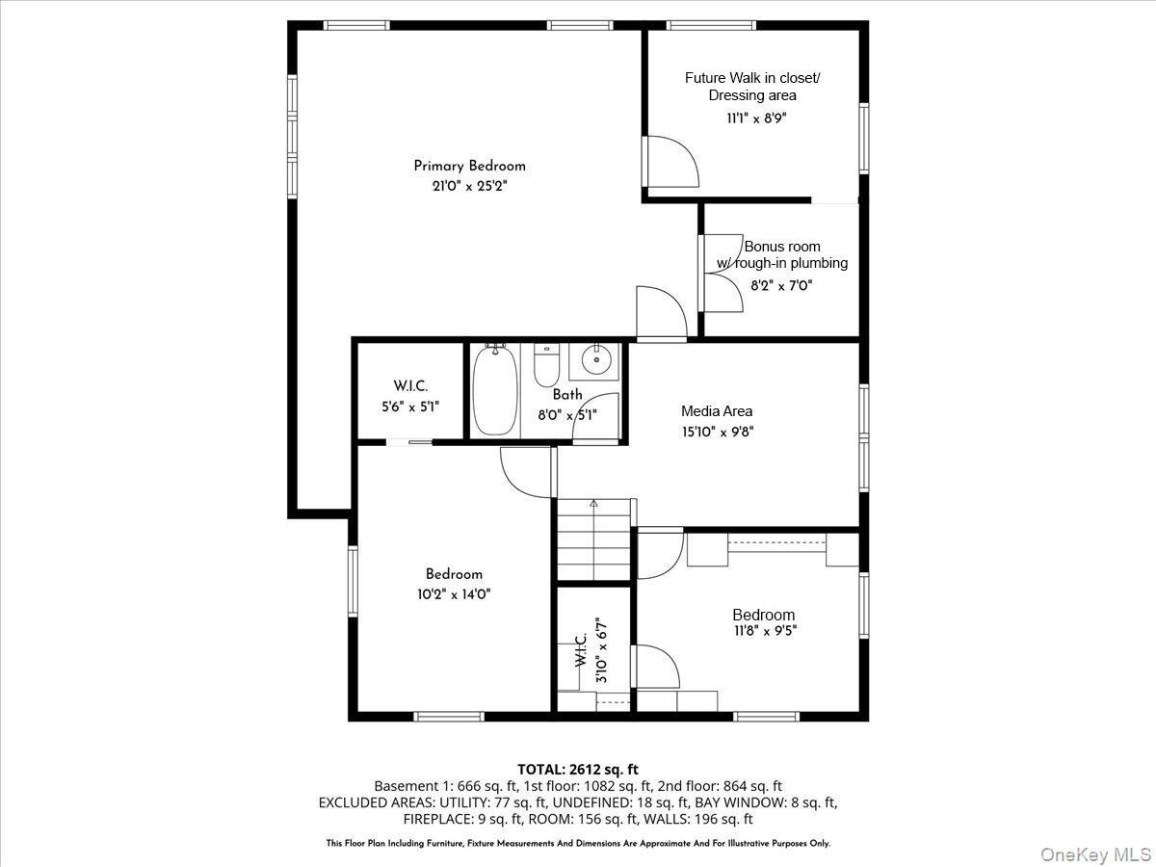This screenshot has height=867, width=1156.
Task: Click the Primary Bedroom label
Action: click(469, 166)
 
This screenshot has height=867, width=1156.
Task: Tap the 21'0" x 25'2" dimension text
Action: click(469, 186)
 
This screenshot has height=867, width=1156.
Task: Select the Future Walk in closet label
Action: click(752, 78)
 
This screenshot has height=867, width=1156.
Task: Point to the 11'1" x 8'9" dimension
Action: click(750, 118)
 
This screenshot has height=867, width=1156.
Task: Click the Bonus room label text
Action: click(782, 247)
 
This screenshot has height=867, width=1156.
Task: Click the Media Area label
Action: click(717, 411)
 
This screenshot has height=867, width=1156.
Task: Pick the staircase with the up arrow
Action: click(593, 542)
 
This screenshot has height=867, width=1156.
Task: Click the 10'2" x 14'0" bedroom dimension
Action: click(448, 594)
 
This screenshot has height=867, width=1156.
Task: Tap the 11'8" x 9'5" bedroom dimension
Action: click(764, 631)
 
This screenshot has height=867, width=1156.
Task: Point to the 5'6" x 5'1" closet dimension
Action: click(409, 407)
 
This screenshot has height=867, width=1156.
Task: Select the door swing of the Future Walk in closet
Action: click(672, 161)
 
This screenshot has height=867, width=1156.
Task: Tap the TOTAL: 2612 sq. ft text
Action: click(577, 769)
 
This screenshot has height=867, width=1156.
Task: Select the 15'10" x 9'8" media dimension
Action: click(717, 433)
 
